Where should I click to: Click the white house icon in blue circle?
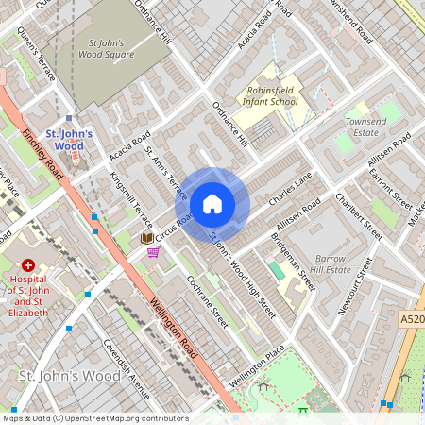tap(212, 204)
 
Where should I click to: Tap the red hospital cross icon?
tap(28, 267)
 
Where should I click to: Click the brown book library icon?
tap(146, 239)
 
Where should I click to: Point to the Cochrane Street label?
tap(208, 301)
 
